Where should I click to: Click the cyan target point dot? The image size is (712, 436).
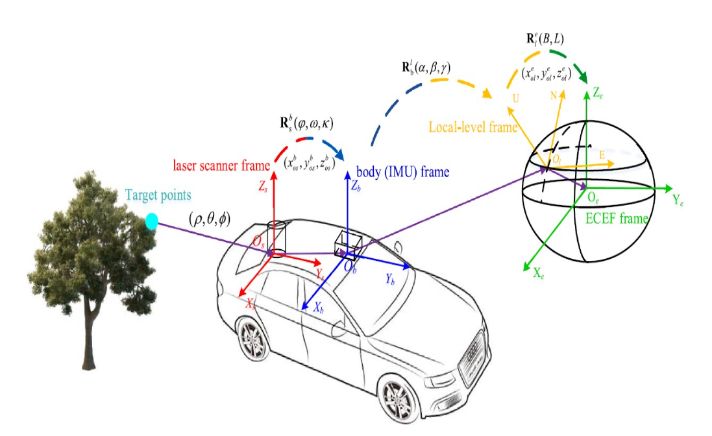(x=152, y=221)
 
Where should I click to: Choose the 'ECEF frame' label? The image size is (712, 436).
(x=617, y=219)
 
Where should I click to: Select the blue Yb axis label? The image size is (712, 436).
(x=390, y=280)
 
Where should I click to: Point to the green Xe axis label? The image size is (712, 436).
(x=538, y=274)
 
